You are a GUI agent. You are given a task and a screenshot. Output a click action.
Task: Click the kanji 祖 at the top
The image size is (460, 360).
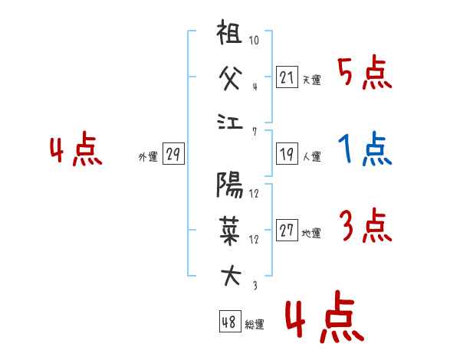click(x=229, y=31)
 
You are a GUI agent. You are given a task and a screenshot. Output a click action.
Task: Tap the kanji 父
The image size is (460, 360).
click(x=230, y=78)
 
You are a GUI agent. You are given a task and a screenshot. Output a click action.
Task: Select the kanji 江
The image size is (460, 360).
click(x=230, y=122)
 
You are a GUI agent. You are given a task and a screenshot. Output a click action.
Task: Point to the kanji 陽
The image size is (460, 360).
click(x=230, y=185)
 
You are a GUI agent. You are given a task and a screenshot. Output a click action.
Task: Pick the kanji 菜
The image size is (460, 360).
click(x=230, y=231)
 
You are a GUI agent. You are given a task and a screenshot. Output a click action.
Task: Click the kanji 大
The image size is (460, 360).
click(x=231, y=276)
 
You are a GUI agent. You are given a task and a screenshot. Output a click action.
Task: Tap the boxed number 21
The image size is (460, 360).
click(x=287, y=77)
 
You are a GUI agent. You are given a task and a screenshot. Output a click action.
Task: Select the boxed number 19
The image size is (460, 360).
click(x=287, y=154)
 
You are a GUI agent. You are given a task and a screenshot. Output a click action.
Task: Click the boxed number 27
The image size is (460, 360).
click(x=287, y=230)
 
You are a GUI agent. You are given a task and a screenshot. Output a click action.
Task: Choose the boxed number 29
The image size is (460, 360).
click(x=173, y=154)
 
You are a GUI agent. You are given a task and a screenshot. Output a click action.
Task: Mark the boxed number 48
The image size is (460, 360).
click(x=230, y=321)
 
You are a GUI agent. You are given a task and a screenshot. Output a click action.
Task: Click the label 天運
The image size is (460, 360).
click(x=312, y=80)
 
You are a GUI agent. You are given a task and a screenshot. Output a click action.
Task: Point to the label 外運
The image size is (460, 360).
click(x=148, y=156)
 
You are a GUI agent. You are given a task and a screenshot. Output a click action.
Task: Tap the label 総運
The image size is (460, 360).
click(x=255, y=324)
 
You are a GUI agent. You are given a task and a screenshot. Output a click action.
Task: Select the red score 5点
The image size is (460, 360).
click(x=365, y=72)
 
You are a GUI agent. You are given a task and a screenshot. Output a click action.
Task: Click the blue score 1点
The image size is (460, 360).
click(x=365, y=149)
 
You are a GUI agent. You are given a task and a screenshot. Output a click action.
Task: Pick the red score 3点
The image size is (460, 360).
click(x=366, y=225)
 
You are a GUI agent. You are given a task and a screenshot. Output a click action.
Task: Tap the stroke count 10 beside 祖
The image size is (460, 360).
click(x=254, y=40)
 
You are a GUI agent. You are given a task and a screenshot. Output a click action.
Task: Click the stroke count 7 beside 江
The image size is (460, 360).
click(x=255, y=132)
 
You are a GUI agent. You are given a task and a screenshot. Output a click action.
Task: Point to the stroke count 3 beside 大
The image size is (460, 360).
click(x=255, y=285)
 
